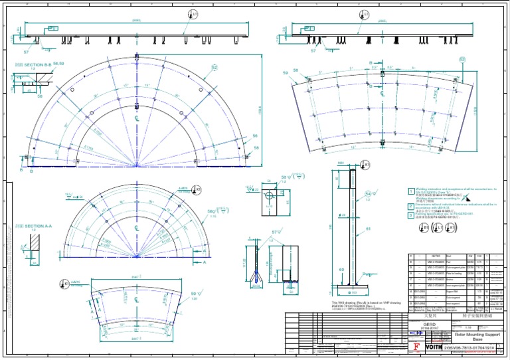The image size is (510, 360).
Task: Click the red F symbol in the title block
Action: point(416,346)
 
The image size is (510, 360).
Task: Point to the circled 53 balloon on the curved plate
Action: point(462,59)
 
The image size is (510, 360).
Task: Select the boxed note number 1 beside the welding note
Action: point(411,191)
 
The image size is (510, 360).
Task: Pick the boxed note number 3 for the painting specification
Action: point(411,215)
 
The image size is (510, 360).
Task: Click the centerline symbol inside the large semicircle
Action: point(136,118)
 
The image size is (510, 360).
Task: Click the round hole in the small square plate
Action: point(268,195)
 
